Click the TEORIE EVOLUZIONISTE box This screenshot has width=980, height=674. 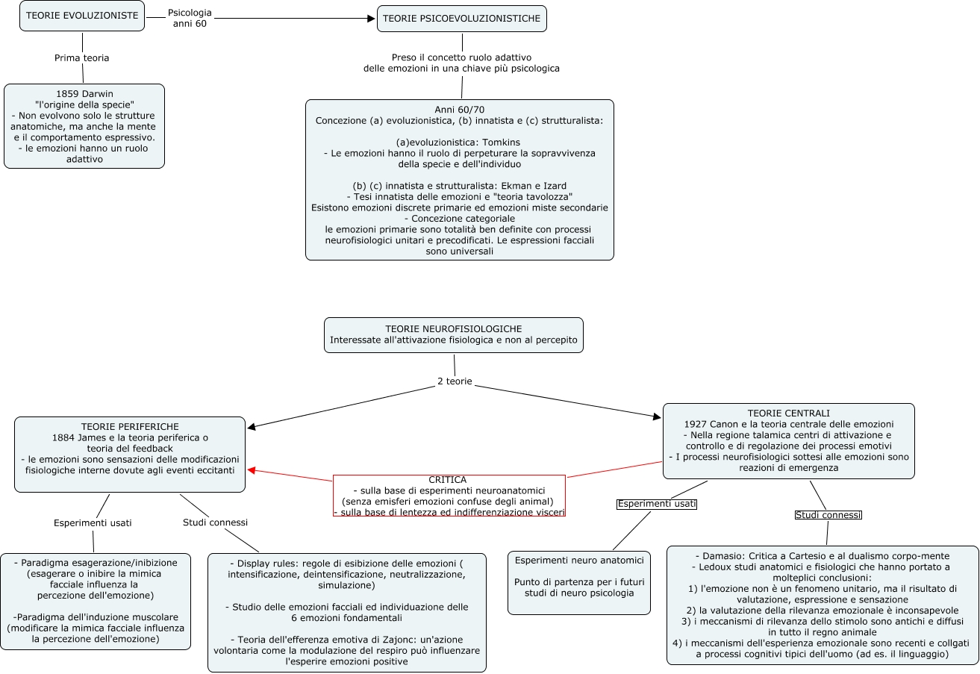coord(82,16)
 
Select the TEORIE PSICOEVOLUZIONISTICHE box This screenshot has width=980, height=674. coord(461,19)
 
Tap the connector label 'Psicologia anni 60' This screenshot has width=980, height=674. coord(190,18)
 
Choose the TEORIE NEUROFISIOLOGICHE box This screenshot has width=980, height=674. coord(453,335)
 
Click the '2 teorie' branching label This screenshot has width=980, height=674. coord(455,381)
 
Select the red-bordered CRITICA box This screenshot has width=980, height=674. coord(449,496)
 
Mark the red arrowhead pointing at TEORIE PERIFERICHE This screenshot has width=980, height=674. coord(252,470)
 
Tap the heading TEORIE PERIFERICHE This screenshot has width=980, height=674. coord(130,426)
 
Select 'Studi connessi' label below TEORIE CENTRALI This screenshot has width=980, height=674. coord(828,515)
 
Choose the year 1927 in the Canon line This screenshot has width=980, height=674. coord(697,424)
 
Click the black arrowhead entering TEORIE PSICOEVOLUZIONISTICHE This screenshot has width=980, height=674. coord(371,19)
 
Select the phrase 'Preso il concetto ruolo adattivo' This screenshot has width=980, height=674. coord(461,57)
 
